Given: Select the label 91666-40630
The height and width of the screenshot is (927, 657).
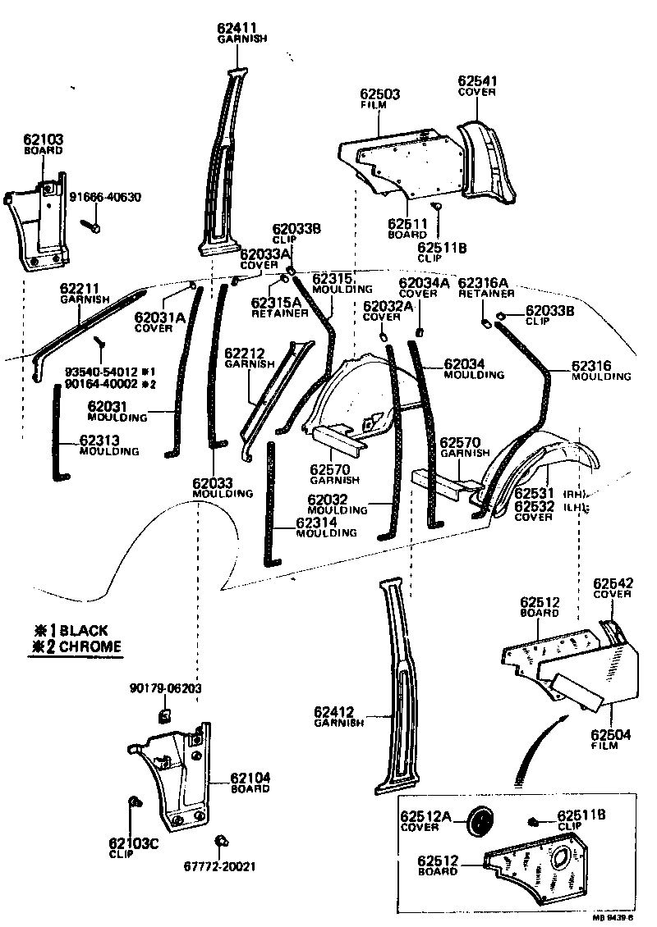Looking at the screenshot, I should point(104,197).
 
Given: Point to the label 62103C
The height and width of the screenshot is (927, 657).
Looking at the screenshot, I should point(132,843).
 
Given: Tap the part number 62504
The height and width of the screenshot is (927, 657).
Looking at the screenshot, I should point(610,734).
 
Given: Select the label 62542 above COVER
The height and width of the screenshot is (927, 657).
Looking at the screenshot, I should point(612,582).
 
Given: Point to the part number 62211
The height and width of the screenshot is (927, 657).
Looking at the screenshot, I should point(80,289).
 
